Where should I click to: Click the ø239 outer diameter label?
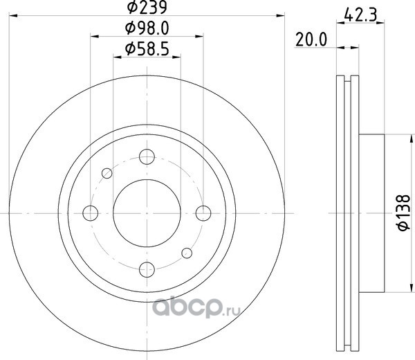[x=147, y=7]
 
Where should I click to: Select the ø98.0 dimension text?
[x=147, y=28]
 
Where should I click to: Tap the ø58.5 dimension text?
[x=147, y=49]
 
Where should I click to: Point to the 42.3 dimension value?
[x=360, y=15]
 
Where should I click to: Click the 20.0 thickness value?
[x=311, y=40]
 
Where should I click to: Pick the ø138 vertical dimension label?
[x=404, y=213]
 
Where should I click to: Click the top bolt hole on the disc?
[x=147, y=156]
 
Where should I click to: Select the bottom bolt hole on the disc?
[x=147, y=269]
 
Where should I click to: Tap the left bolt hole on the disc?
[x=90, y=213]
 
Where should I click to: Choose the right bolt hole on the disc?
[x=203, y=213]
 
